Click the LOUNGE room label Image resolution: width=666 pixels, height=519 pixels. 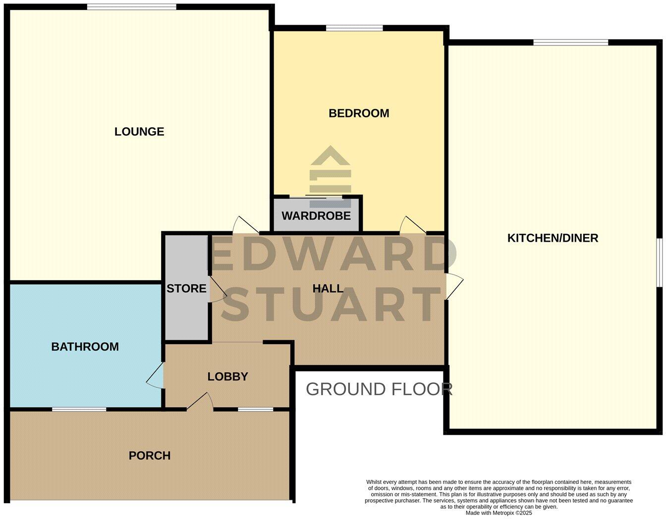point(139,131)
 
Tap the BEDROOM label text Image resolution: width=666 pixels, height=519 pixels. point(359,113)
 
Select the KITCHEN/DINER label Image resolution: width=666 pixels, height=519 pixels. point(553,238)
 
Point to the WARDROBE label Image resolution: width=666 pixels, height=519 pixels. point(316,216)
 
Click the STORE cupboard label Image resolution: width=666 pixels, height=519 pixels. point(186,288)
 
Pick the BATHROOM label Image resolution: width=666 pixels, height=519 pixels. point(85,347)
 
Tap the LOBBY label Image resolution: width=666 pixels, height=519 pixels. point(227,376)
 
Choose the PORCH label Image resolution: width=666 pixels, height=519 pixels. point(150,456)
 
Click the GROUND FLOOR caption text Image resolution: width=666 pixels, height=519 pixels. point(379,389)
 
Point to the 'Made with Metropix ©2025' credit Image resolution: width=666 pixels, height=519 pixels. point(499,513)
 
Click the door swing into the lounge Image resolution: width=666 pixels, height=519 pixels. point(245,225)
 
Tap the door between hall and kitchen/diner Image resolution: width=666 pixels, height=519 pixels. point(454,286)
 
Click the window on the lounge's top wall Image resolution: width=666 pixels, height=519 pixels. point(131,7)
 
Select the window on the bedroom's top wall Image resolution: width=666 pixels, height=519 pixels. point(354,28)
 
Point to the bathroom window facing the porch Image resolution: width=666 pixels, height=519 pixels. point(79,409)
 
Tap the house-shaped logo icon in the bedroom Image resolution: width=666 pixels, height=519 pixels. point(331,171)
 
